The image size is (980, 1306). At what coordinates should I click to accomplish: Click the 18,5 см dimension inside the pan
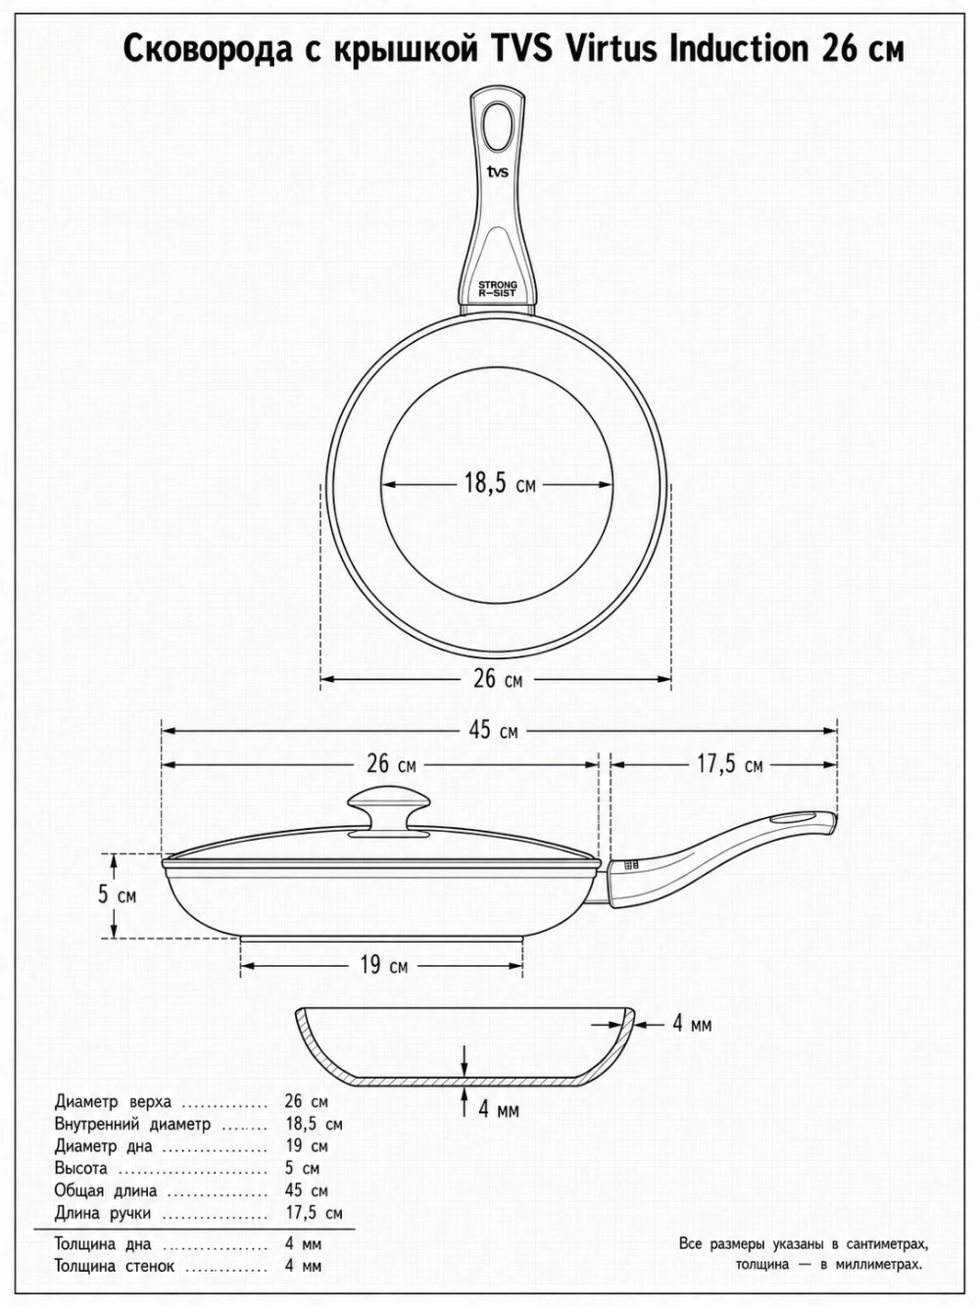coord(500,484)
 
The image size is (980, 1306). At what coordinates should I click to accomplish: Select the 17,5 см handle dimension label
coord(729,764)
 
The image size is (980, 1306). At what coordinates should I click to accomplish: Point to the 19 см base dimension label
coord(384,964)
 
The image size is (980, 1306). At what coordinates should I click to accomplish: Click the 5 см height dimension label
coord(118,895)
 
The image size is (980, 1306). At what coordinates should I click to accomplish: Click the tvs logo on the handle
coord(498,172)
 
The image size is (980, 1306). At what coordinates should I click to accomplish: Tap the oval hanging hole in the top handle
coord(498,126)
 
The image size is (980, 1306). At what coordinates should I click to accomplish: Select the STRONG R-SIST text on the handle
coord(498,289)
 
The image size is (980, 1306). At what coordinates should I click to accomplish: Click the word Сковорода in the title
coord(209,49)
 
